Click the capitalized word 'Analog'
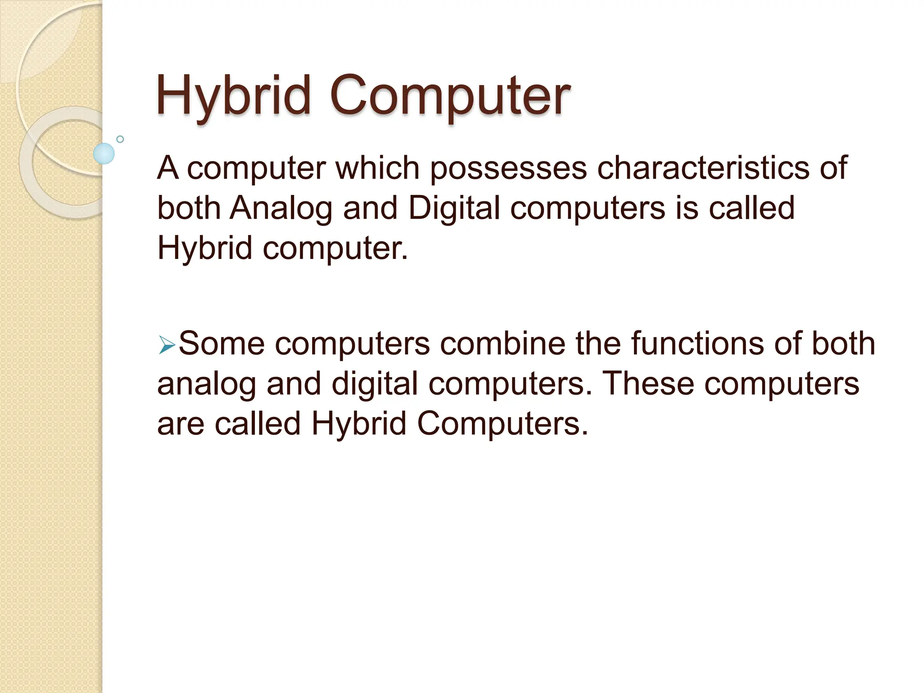click(281, 208)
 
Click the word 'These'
click(648, 383)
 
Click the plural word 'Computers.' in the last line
click(503, 424)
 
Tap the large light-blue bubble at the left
click(104, 153)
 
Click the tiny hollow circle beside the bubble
click(120, 139)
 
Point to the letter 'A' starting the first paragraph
click(167, 168)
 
